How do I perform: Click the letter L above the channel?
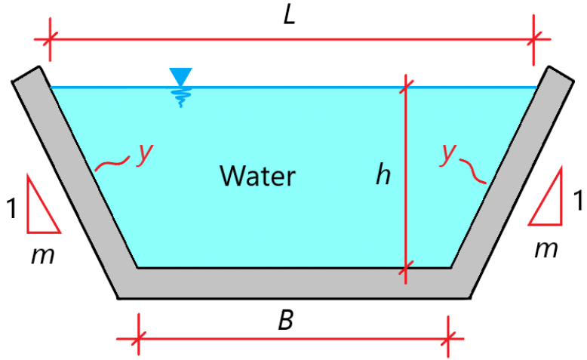tap(290, 16)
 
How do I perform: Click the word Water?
tap(257, 176)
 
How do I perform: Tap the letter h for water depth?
tap(384, 175)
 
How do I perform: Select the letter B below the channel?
tap(284, 320)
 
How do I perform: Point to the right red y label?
tap(450, 153)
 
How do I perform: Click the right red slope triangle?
tap(548, 199)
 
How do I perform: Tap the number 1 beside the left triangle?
tap(11, 208)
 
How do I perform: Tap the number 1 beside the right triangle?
tap(577, 202)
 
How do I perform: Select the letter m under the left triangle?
tap(41, 257)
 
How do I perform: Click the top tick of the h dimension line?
tap(406, 88)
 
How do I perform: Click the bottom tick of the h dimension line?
tap(406, 267)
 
